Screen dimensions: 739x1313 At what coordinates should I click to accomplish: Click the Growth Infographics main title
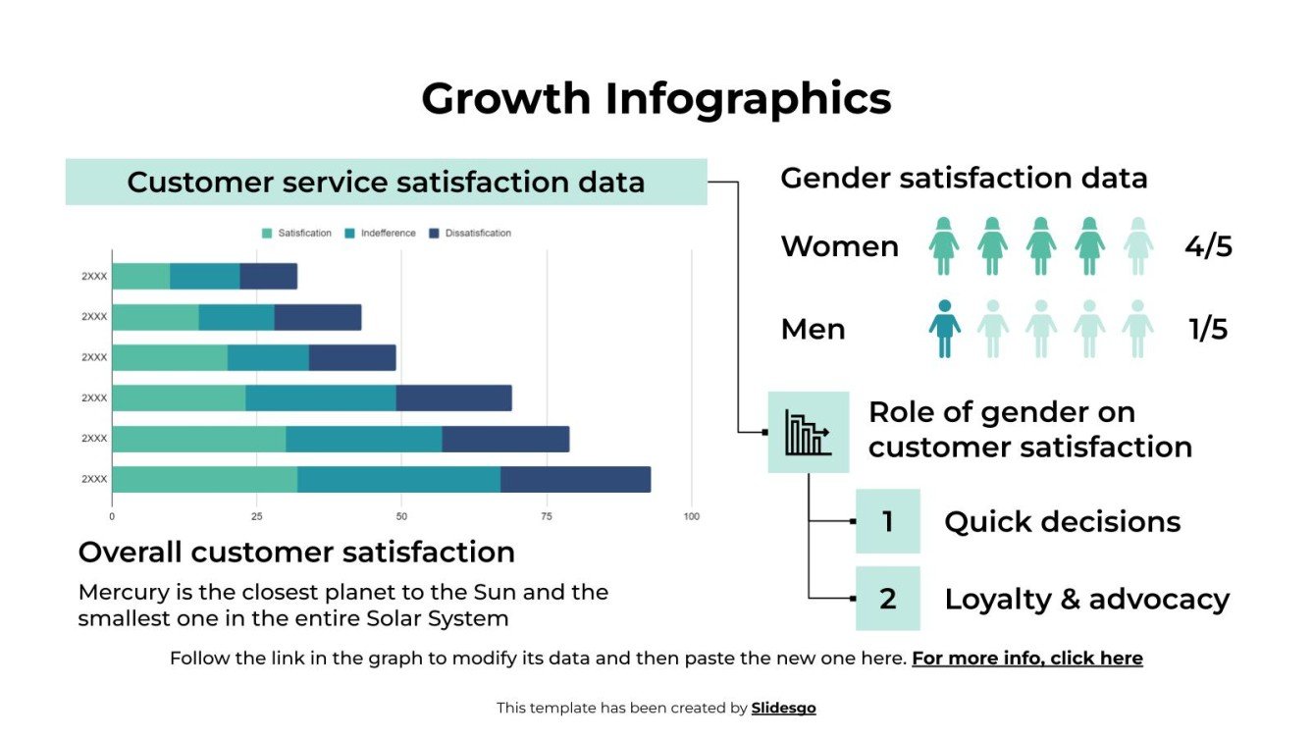pyautogui.click(x=656, y=99)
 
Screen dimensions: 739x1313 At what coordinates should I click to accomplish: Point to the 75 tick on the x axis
pyautogui.click(x=547, y=516)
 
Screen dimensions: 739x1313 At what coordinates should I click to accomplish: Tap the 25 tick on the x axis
pyautogui.click(x=256, y=516)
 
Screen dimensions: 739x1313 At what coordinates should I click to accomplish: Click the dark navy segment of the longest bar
pyautogui.click(x=575, y=479)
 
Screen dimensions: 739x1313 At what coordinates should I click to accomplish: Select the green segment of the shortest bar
pyautogui.click(x=140, y=277)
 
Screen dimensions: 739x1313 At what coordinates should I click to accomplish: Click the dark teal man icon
pyautogui.click(x=944, y=329)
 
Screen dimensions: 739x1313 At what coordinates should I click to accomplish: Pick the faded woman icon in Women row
pyautogui.click(x=1137, y=246)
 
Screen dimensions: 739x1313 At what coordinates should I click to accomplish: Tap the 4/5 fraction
pyautogui.click(x=1208, y=246)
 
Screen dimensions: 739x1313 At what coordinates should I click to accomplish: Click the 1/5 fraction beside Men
pyautogui.click(x=1208, y=330)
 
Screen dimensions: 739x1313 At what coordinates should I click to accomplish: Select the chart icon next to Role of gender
pyautogui.click(x=808, y=433)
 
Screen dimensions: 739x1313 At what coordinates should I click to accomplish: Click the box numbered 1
pyautogui.click(x=887, y=521)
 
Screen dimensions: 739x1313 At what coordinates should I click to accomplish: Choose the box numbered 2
pyautogui.click(x=887, y=598)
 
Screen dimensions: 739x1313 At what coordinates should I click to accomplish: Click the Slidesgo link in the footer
pyautogui.click(x=783, y=708)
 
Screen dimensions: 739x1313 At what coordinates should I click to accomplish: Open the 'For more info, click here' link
pyautogui.click(x=1026, y=659)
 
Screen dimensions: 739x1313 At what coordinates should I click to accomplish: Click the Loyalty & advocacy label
pyautogui.click(x=1086, y=599)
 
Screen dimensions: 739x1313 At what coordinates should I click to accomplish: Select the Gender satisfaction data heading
pyautogui.click(x=964, y=179)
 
